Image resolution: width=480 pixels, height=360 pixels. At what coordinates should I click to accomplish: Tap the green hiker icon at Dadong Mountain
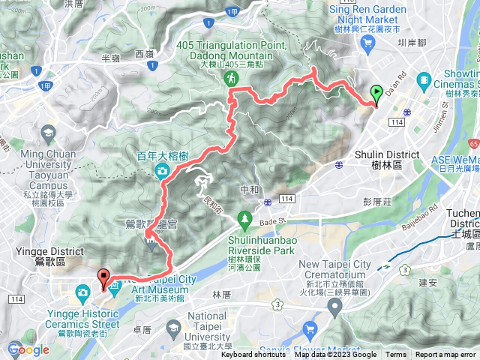[233, 77]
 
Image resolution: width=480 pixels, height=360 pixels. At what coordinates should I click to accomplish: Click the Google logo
[28, 349]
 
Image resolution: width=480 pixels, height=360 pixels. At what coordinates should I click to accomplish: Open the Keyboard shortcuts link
[254, 355]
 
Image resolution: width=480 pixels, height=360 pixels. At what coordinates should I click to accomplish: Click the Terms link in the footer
[396, 355]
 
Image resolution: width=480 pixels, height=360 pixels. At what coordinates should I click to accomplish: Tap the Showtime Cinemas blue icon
[425, 79]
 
